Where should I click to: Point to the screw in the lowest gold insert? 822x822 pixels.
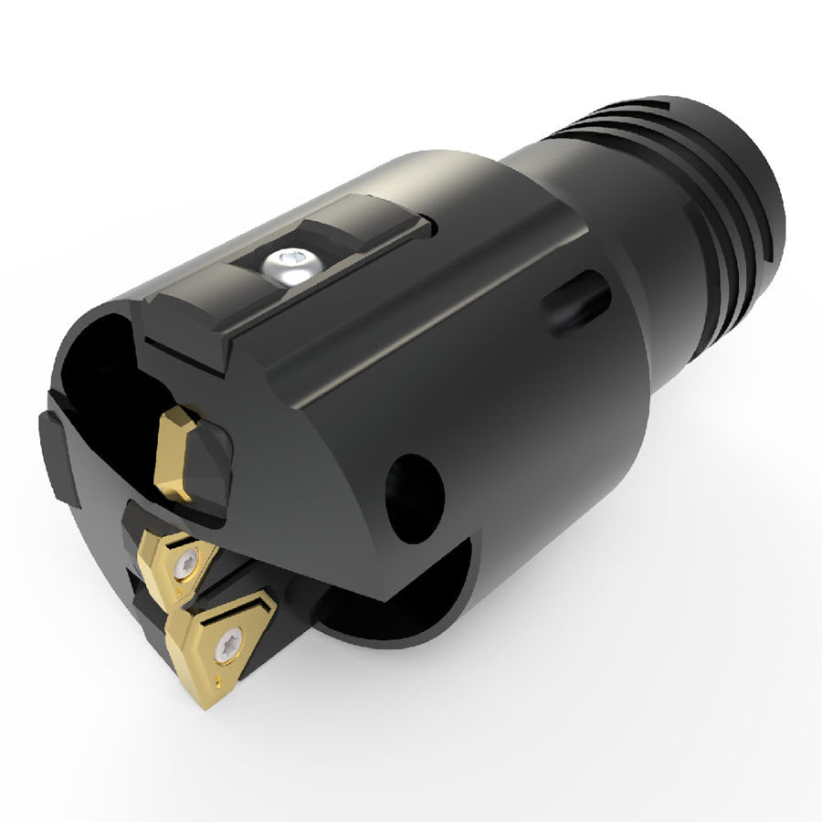coord(226,646)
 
